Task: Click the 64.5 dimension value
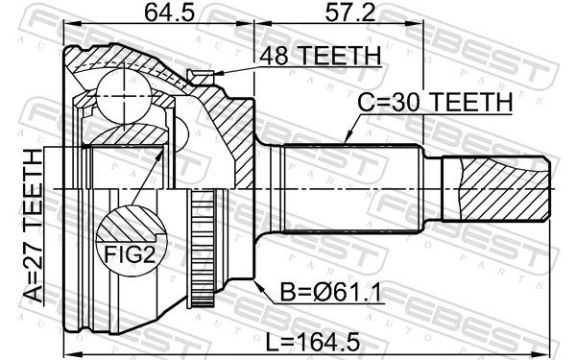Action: coord(169,12)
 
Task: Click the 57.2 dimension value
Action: coord(350,12)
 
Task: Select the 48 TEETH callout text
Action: coord(320,56)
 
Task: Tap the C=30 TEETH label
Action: coord(435,102)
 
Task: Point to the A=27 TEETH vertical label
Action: coord(33,226)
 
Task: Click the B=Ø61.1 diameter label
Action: coord(330,293)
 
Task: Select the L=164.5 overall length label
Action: coord(313,343)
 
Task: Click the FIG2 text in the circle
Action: coord(130,253)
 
